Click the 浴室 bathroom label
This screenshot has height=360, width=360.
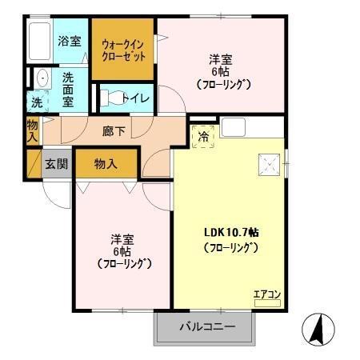[69, 41]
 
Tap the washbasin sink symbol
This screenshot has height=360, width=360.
[41, 79]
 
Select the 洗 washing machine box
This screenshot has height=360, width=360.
[38, 102]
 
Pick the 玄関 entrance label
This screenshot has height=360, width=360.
[56, 164]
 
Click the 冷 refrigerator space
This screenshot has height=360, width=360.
[204, 136]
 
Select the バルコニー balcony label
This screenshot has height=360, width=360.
[206, 326]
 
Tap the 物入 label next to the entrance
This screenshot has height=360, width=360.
[106, 163]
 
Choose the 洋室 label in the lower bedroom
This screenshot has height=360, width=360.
[122, 239]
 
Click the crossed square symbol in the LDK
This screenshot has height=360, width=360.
[268, 164]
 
